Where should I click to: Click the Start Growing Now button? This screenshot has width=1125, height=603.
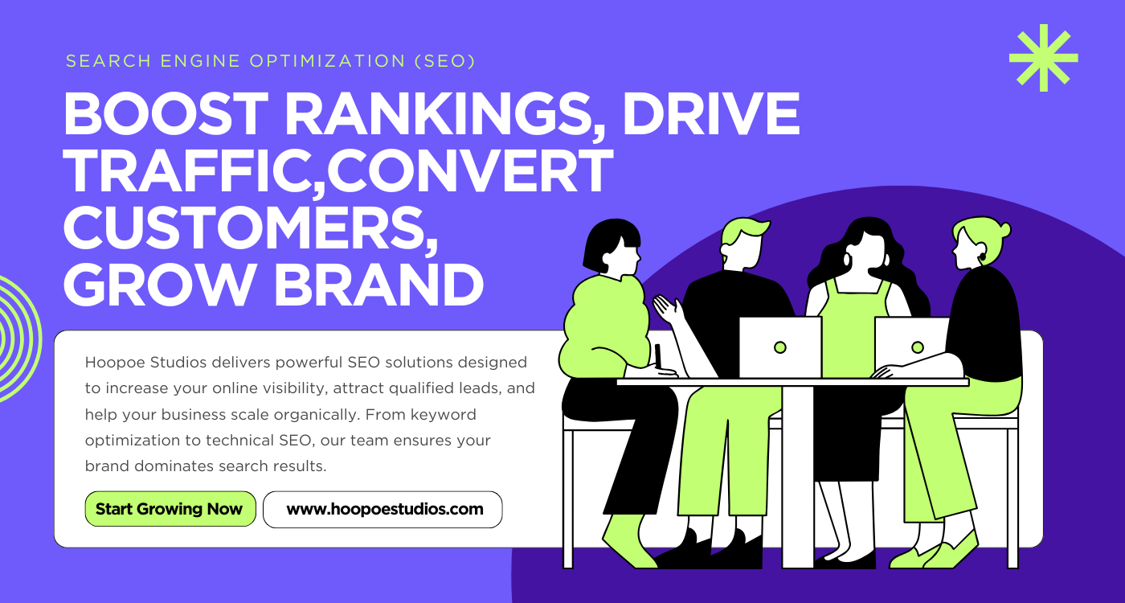(170, 509)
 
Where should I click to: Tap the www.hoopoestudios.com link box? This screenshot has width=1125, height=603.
(383, 509)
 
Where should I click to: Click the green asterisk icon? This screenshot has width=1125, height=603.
(1043, 57)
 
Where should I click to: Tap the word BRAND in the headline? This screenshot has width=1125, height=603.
(378, 285)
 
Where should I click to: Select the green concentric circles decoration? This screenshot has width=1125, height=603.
(16, 338)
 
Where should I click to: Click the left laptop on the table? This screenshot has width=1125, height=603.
(779, 347)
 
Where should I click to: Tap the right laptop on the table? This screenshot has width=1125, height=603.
(912, 347)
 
